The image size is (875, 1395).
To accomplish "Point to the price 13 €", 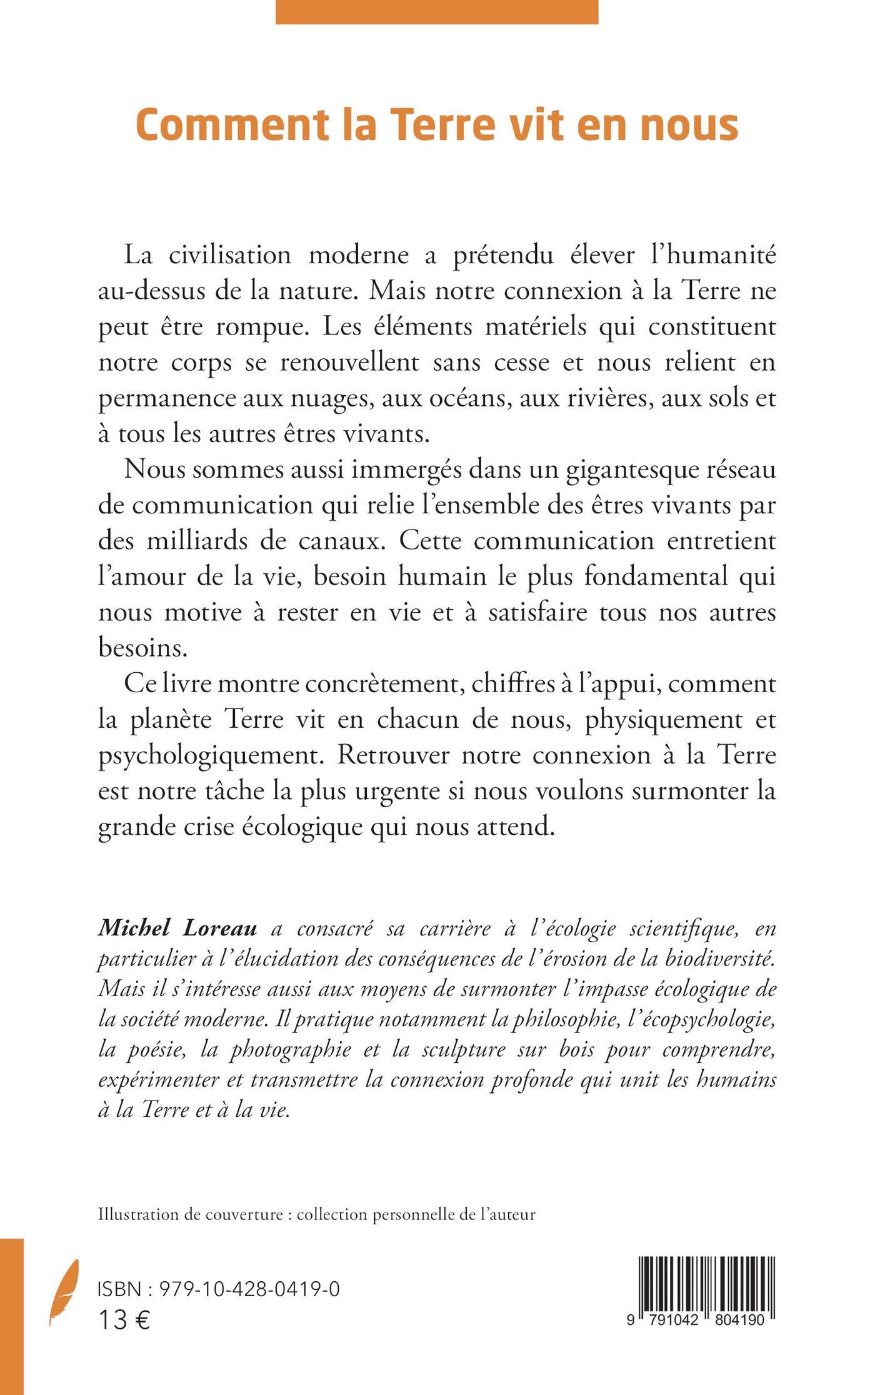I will click(124, 1320).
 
